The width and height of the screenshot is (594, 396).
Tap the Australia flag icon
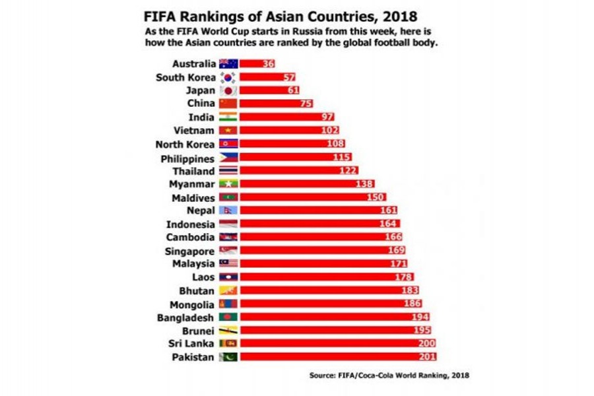228,64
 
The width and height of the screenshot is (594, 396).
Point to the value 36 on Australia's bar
268,64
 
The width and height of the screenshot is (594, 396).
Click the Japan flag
228,90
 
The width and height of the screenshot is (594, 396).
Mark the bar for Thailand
290,171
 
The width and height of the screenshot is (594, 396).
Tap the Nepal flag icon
228,211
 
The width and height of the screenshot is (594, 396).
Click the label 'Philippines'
187,158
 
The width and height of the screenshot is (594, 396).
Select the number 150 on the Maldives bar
375,197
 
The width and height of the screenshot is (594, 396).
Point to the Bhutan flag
228,290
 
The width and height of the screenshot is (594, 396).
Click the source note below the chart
389,376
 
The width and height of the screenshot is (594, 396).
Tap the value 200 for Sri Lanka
426,344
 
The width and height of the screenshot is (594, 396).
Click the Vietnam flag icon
228,131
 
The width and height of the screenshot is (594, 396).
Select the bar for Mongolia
323,304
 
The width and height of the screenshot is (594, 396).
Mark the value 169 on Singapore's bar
395,251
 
